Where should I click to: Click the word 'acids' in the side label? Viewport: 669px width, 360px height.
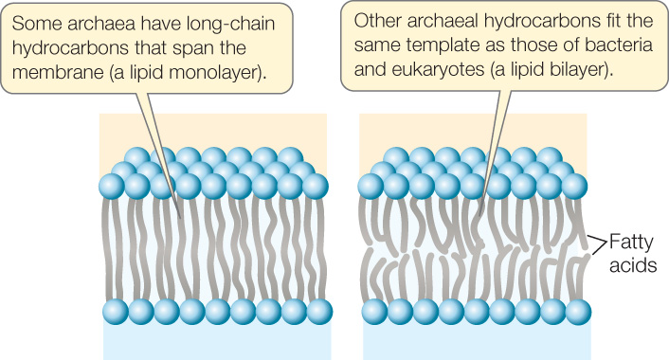pyautogui.click(x=633, y=265)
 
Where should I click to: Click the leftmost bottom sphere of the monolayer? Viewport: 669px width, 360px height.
pyautogui.click(x=115, y=310)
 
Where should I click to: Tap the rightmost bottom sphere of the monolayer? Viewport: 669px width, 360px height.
pyautogui.click(x=319, y=310)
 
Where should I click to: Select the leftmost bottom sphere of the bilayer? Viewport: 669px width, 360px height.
pyautogui.click(x=374, y=310)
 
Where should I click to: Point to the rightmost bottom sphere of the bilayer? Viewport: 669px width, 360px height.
pyautogui.click(x=579, y=310)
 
